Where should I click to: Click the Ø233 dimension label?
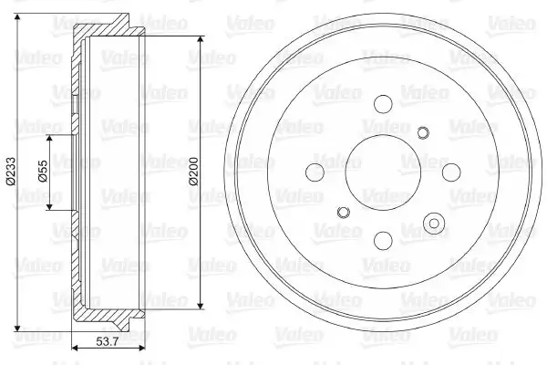tap(11, 172)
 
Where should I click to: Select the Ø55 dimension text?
tap(43, 172)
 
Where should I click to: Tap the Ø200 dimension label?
tap(193, 172)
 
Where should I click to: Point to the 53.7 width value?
tap(108, 341)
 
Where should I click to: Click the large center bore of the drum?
tap(383, 172)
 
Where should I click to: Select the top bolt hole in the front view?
tap(383, 104)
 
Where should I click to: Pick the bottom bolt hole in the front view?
tap(383, 241)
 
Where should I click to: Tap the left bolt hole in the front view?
tap(315, 172)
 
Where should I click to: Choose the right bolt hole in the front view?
tap(451, 172)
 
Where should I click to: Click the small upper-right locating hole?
tap(423, 132)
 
